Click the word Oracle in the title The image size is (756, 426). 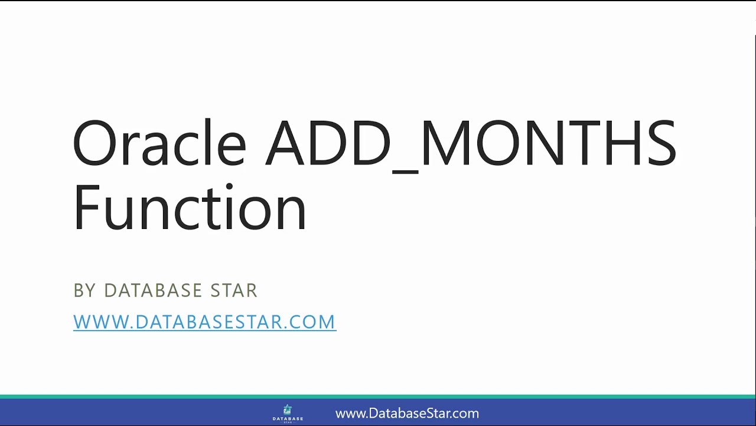click(x=158, y=144)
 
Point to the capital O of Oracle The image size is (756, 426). click(x=96, y=144)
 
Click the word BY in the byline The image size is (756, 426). click(x=84, y=291)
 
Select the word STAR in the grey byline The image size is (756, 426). click(x=234, y=291)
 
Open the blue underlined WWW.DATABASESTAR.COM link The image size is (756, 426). click(x=204, y=322)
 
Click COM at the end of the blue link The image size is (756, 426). click(x=315, y=322)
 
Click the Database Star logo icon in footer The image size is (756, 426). click(x=288, y=409)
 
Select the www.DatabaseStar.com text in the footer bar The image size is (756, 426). click(x=407, y=414)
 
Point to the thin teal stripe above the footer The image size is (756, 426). click(x=378, y=396)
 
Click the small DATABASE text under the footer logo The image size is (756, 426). click(x=288, y=419)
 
